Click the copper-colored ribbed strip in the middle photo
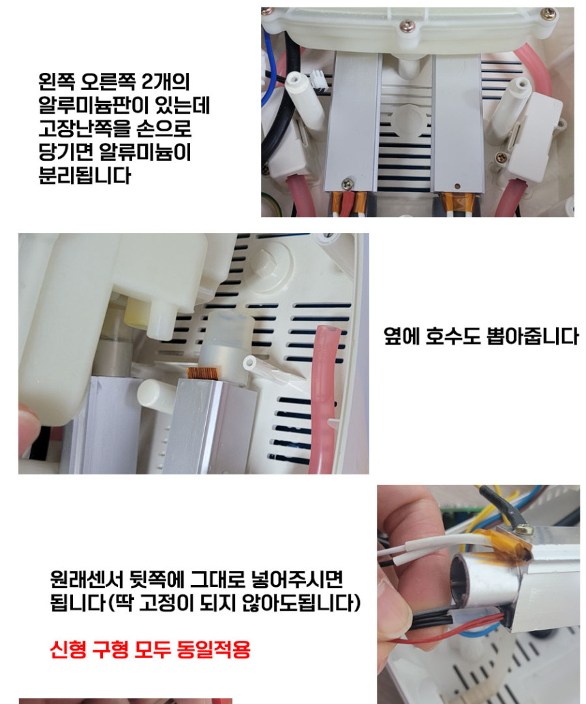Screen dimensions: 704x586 [202, 374]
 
